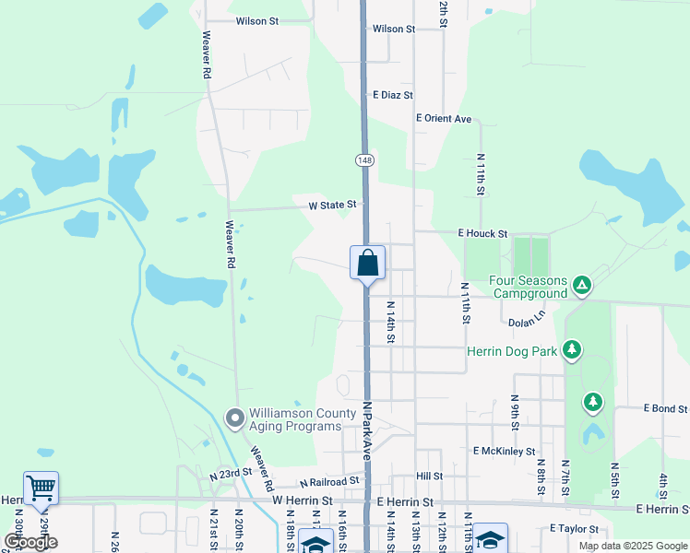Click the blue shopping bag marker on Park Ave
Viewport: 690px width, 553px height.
[x=367, y=263]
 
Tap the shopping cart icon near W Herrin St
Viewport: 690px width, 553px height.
[x=41, y=488]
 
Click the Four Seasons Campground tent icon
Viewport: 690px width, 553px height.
[x=582, y=286]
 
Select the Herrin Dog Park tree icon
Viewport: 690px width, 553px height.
[x=573, y=350]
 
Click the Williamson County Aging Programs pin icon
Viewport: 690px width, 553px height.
[x=234, y=418]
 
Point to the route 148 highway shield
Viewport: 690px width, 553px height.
[x=363, y=159]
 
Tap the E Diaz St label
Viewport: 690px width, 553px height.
[x=392, y=95]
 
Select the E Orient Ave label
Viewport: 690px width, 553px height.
[x=444, y=119]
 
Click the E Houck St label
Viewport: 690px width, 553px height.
[x=482, y=234]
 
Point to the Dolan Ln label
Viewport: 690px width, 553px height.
[x=528, y=323]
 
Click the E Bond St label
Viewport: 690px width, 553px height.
[x=665, y=408]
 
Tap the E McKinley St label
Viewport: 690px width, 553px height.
[x=504, y=452]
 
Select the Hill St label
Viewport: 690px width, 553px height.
[x=429, y=477]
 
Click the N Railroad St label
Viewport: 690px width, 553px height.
[x=329, y=482]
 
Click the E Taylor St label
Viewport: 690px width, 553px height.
[x=575, y=529]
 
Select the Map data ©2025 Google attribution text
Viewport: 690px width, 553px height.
[x=633, y=546]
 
